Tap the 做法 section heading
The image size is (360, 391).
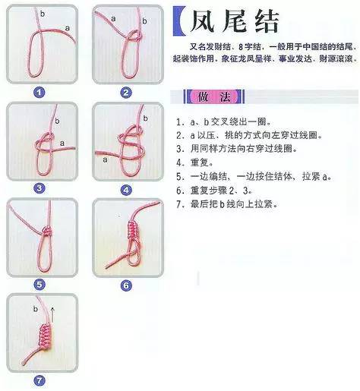point(207,97)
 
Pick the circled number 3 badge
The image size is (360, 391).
point(39,188)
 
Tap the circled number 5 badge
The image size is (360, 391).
point(39,284)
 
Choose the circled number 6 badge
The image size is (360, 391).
point(125,285)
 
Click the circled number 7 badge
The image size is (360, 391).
point(39,380)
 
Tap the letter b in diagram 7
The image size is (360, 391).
point(36,310)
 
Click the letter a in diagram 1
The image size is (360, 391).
point(67,27)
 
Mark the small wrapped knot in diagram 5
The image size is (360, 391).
point(44,230)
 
